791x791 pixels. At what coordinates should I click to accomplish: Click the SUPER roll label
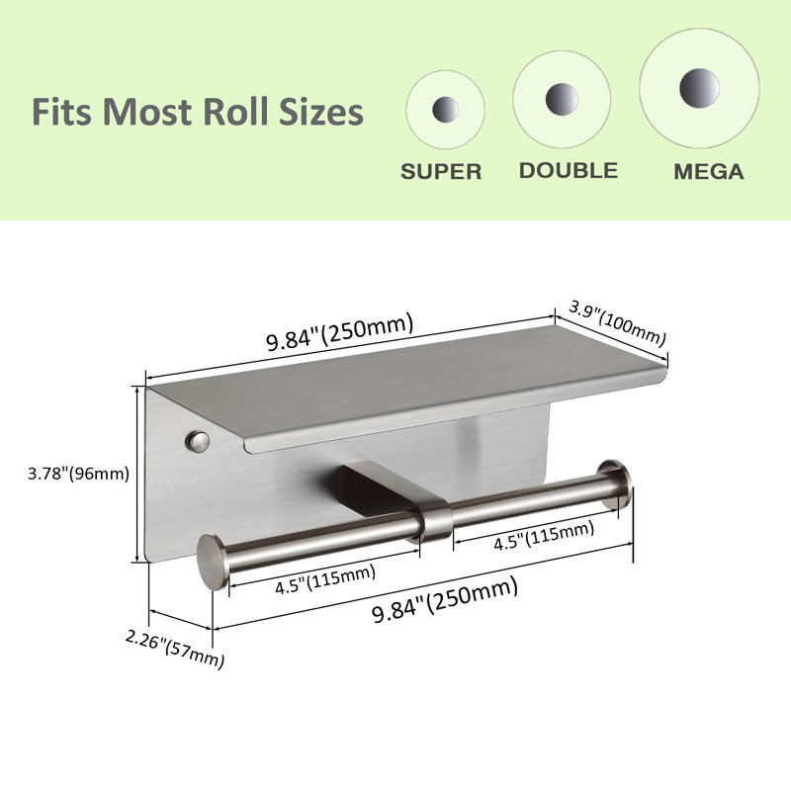(x=441, y=171)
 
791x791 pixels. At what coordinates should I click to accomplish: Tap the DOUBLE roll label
(x=569, y=170)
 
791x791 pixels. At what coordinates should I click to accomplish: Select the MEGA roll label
(x=709, y=171)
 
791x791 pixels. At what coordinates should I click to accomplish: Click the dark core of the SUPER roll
(x=446, y=109)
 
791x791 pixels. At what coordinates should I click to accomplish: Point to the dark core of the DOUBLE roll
(x=562, y=99)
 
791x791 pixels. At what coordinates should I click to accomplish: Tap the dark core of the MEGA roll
(x=699, y=88)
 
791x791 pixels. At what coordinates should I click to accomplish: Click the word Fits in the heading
(x=62, y=112)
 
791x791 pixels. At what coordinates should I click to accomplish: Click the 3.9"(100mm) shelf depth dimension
(x=617, y=323)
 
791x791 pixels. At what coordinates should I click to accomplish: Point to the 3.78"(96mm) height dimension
(x=79, y=475)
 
